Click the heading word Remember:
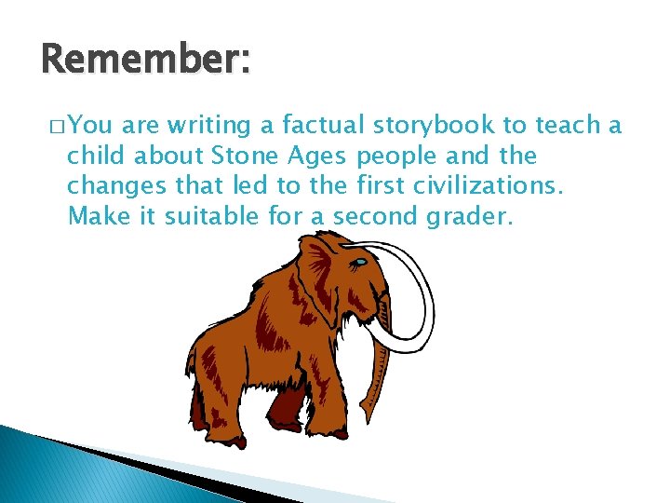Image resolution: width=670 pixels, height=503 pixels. [146, 61]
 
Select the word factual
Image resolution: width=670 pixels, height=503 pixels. [321, 125]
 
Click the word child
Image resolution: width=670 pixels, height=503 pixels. [93, 156]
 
